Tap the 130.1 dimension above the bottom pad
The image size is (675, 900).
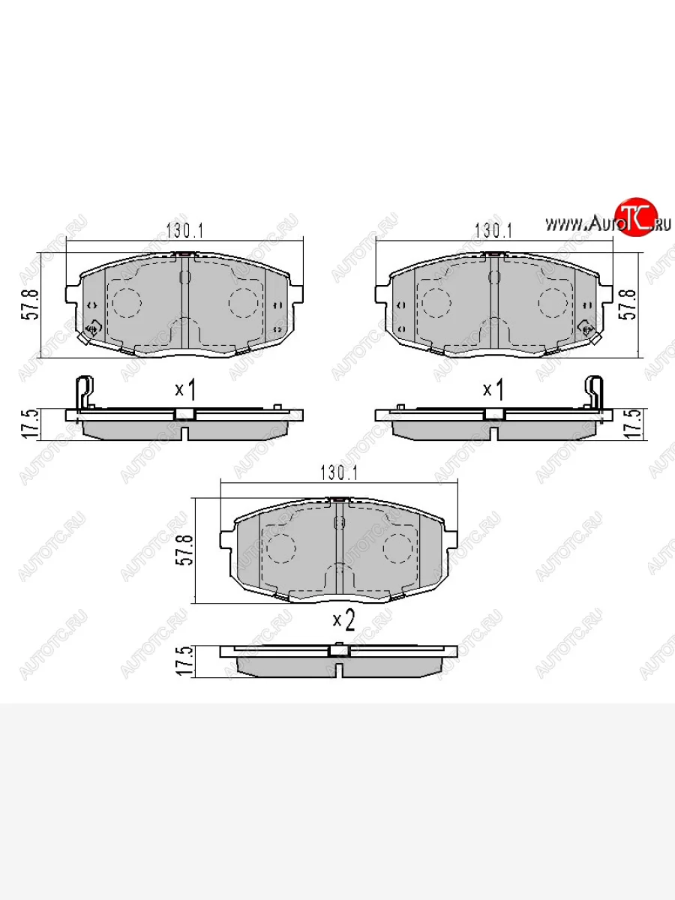(339, 472)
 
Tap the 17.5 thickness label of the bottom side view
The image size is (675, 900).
(180, 662)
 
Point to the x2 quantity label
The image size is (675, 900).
(343, 619)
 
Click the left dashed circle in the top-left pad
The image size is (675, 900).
(127, 301)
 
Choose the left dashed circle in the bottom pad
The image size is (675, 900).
(281, 549)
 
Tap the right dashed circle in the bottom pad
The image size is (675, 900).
(397, 549)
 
